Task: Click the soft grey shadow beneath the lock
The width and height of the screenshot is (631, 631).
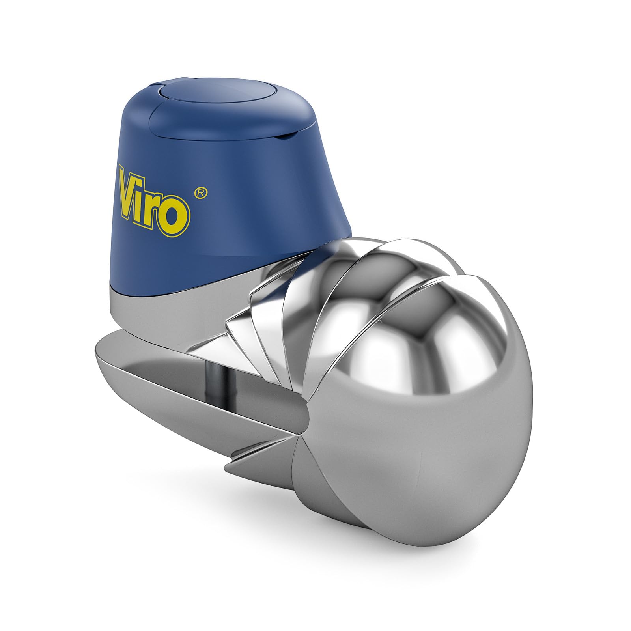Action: [x=355, y=552]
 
